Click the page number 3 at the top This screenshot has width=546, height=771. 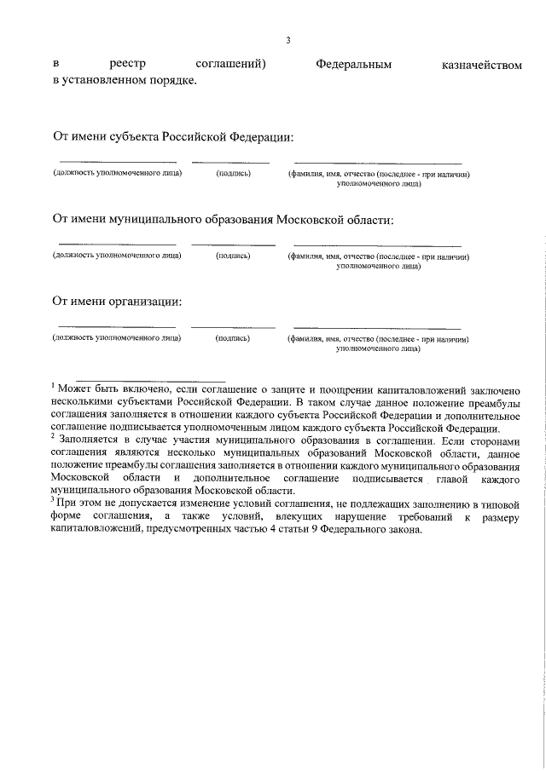pyautogui.click(x=288, y=40)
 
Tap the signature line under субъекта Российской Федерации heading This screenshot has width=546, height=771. pyautogui.click(x=230, y=162)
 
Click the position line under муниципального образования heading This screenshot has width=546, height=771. pyautogui.click(x=117, y=245)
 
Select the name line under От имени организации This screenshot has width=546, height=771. pyautogui.click(x=377, y=327)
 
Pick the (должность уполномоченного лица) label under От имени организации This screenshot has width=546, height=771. pyautogui.click(x=117, y=337)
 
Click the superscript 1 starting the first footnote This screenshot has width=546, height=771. pyautogui.click(x=52, y=386)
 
